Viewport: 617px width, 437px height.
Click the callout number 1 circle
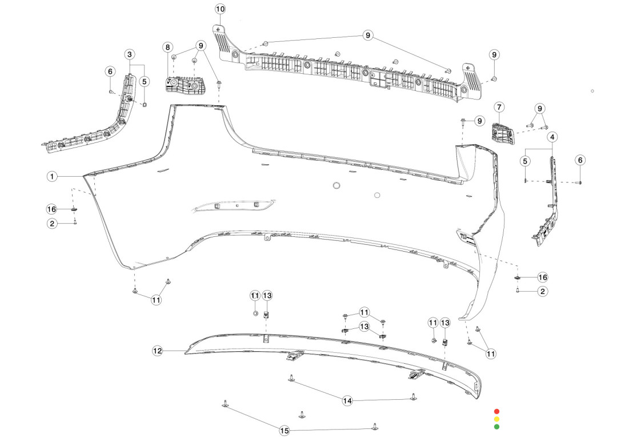point(52,176)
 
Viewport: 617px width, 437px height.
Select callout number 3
point(130,54)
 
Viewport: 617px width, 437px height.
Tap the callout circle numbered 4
point(552,137)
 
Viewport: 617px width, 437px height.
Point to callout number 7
point(499,107)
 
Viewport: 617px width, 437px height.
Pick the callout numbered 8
point(168,47)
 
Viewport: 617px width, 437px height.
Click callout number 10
point(220,9)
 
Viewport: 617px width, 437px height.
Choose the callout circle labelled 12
point(158,350)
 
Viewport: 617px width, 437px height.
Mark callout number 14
point(347,401)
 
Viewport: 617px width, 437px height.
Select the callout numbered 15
point(284,430)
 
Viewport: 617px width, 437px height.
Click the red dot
point(496,411)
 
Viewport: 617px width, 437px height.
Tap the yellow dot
point(496,419)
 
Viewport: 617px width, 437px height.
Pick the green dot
point(496,426)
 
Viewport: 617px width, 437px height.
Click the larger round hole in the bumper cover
point(336,185)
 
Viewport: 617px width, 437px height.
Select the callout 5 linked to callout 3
point(145,82)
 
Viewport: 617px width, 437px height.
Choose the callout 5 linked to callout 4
point(524,161)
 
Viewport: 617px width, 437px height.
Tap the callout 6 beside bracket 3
point(110,71)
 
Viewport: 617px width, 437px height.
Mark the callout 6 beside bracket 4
point(580,160)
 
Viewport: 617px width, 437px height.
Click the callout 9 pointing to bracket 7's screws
point(539,108)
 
